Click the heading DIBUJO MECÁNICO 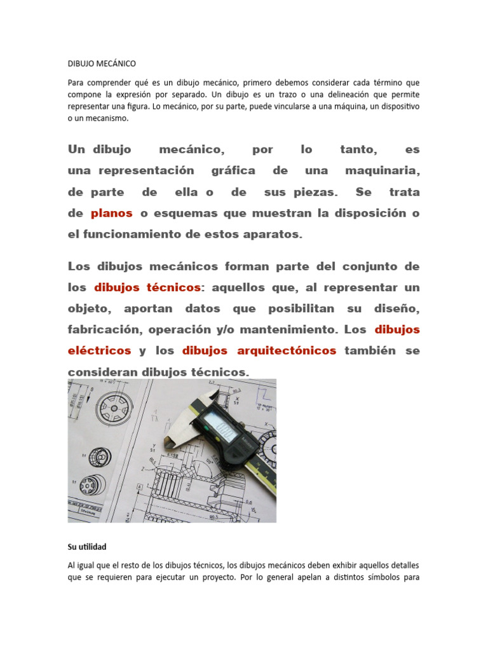click(x=102, y=64)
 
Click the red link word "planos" click(x=111, y=214)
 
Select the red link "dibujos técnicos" click(x=147, y=287)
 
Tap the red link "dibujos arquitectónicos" click(x=259, y=350)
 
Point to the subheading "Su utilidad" click(x=87, y=547)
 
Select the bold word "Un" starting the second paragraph click(x=76, y=150)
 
